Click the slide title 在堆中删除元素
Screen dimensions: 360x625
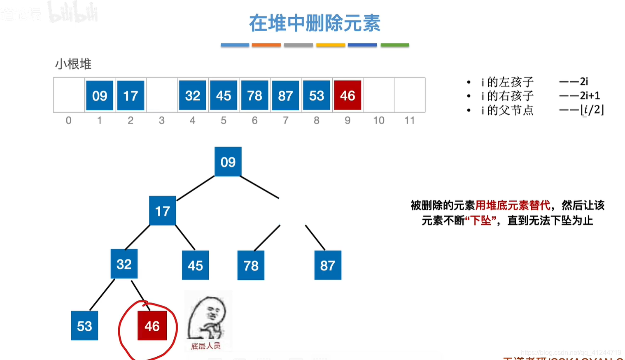point(315,23)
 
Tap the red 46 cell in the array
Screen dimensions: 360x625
point(347,95)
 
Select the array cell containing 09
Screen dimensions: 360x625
point(100,95)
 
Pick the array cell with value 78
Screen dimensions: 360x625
point(254,95)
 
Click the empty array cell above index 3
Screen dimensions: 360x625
point(162,95)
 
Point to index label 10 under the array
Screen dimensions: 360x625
point(378,121)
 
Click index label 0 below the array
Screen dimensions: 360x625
point(68,121)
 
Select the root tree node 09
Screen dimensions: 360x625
point(228,162)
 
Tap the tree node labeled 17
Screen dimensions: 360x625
point(162,211)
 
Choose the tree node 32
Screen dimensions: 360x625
point(124,264)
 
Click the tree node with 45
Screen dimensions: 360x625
point(195,265)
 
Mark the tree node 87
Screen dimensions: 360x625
point(328,265)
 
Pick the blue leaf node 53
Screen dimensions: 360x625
point(84,326)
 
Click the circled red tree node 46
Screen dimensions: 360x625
point(152,326)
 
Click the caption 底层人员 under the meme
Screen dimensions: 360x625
point(206,346)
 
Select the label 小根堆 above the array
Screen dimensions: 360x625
point(73,64)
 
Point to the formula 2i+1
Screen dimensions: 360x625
point(590,96)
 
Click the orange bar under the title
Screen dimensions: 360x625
point(266,45)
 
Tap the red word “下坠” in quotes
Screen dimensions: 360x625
point(481,221)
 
